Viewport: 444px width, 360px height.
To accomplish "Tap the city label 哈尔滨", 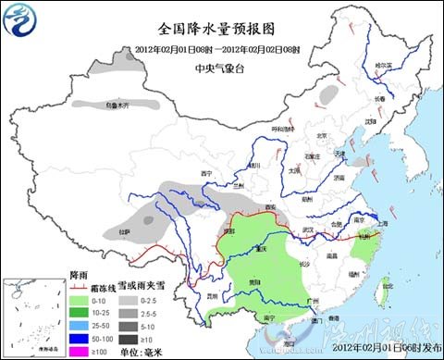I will click(383, 66).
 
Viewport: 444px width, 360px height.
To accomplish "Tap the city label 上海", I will click(383, 225).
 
